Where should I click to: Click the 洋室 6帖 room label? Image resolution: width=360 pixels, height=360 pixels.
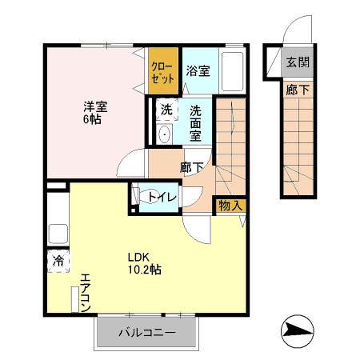[93, 111]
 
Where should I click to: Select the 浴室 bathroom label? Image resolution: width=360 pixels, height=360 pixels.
[198, 70]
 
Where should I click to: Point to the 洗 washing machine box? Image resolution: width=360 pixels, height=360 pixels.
[166, 110]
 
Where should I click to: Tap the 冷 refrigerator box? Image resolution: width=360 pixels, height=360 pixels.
[59, 261]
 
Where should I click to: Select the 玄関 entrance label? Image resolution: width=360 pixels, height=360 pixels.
[297, 62]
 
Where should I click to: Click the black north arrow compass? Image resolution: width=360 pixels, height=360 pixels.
[298, 330]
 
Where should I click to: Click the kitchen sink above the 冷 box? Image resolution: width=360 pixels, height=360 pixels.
[58, 235]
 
